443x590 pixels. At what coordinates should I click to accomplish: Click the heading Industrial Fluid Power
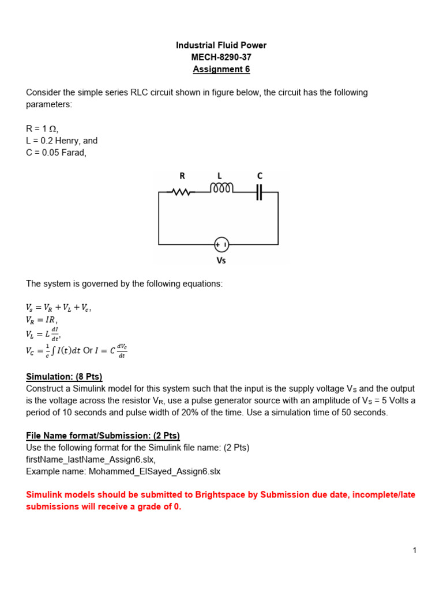(x=221, y=46)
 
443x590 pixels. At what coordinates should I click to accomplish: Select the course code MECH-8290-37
(x=221, y=58)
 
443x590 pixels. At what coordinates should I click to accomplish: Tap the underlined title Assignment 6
(x=221, y=70)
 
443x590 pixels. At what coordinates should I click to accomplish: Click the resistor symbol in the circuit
(x=182, y=192)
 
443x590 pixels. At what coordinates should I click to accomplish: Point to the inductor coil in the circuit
(x=221, y=189)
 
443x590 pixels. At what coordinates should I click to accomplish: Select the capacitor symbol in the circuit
(x=259, y=192)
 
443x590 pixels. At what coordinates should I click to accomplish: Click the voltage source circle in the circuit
(x=221, y=245)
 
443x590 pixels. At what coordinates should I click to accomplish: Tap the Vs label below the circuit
(x=221, y=260)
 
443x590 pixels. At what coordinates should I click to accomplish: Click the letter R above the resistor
(x=182, y=176)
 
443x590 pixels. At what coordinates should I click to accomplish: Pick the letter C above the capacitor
(x=260, y=176)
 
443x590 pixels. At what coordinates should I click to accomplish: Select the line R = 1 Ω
(x=43, y=129)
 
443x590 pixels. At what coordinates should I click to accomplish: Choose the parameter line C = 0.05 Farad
(x=56, y=152)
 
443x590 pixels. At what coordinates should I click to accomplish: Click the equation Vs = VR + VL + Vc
(x=59, y=308)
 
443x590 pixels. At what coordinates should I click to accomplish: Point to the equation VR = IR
(x=42, y=320)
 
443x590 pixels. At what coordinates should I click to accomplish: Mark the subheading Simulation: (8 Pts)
(x=64, y=377)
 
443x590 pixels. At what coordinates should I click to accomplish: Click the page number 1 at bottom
(x=414, y=551)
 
